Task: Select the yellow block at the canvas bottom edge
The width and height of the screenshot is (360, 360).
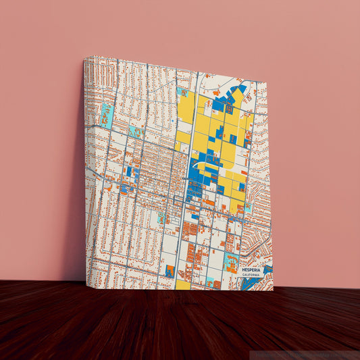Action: [183, 285]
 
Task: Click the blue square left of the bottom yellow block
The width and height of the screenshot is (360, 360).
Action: [170, 271]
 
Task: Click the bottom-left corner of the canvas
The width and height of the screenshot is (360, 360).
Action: [88, 282]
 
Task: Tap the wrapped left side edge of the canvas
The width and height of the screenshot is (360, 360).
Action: [84, 169]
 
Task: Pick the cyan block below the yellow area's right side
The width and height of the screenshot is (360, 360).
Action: [248, 208]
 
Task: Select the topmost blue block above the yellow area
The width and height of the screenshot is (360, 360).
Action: [242, 88]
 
